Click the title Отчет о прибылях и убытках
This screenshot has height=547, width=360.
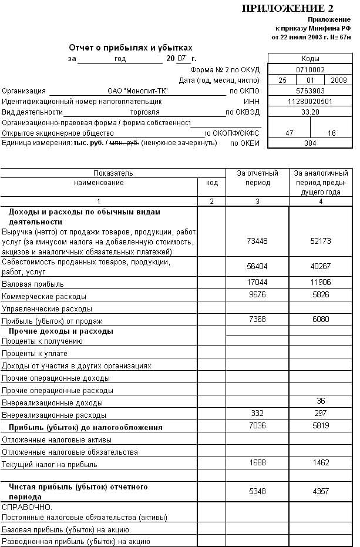[130, 48]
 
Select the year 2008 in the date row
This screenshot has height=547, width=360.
[339, 80]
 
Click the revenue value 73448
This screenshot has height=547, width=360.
[257, 241]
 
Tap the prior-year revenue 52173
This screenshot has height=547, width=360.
[321, 241]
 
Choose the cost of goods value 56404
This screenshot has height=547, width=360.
[257, 266]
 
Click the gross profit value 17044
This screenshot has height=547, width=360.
[257, 283]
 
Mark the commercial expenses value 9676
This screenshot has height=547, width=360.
[257, 294]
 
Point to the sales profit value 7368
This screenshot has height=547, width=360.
[257, 319]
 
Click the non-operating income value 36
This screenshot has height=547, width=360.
[321, 401]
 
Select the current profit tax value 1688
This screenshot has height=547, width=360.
[257, 463]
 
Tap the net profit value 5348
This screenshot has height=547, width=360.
[257, 491]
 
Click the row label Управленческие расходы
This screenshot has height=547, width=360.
[47, 308]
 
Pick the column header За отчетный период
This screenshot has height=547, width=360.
[257, 178]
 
